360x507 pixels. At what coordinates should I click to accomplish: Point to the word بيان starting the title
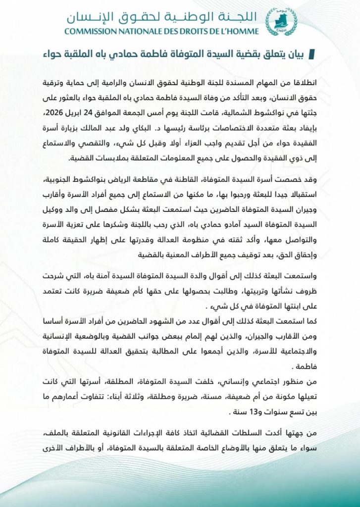pos(300,53)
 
